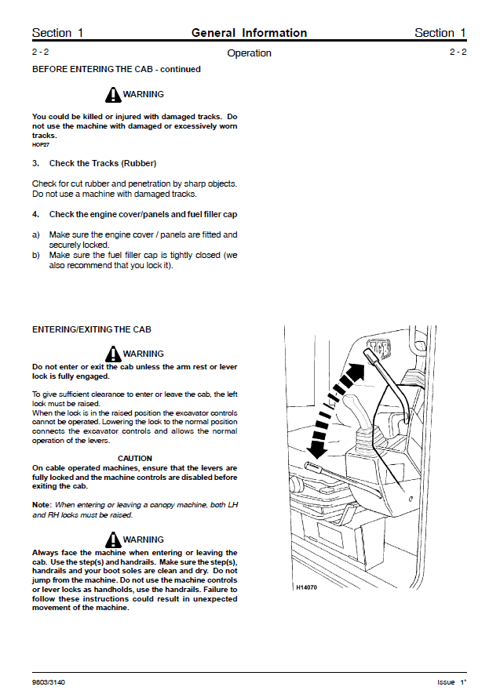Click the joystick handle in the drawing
pos(355,411)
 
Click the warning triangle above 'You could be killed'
pos(112,95)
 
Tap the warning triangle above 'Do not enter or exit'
pos(112,354)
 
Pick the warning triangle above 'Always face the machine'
pos(112,540)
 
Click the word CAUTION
pos(135,459)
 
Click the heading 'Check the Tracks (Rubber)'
pos(102,164)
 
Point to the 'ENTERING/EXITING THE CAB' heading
pos(91,330)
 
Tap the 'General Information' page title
pos(249,33)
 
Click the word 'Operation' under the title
pos(249,53)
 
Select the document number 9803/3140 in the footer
pos(49,682)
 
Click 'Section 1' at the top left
pos(57,33)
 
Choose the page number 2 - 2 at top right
pos(458,52)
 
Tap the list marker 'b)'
pos(36,256)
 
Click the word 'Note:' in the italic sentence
pos(42,504)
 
